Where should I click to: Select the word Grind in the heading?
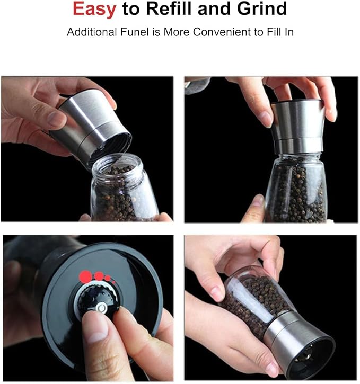pos(261,9)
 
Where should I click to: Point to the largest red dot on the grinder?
pos(85,275)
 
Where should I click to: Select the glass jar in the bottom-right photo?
pos(257,297)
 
